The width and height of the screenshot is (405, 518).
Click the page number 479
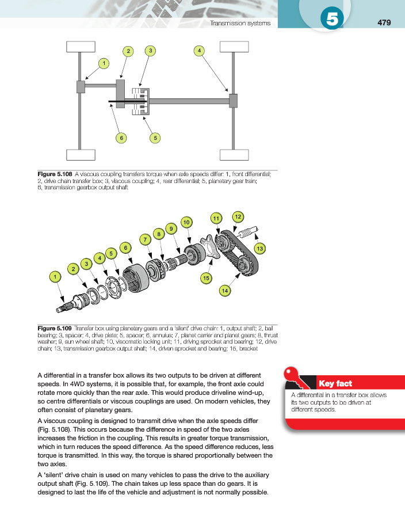[x=384, y=23]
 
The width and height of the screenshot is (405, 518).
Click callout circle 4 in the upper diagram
[x=199, y=51]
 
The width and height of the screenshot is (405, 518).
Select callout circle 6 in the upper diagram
[x=121, y=138]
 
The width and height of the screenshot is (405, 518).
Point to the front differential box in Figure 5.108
[x=81, y=87]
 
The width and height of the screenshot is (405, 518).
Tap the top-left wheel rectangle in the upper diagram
[x=80, y=47]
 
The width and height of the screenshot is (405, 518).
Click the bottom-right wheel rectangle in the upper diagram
[x=234, y=155]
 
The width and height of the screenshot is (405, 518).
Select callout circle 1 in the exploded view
[x=55, y=277]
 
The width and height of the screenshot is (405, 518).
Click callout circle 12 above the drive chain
[x=237, y=216]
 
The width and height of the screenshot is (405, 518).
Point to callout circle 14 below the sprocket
[x=224, y=292]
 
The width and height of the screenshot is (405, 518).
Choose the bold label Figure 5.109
[x=54, y=329]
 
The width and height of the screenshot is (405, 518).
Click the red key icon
[x=297, y=378]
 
